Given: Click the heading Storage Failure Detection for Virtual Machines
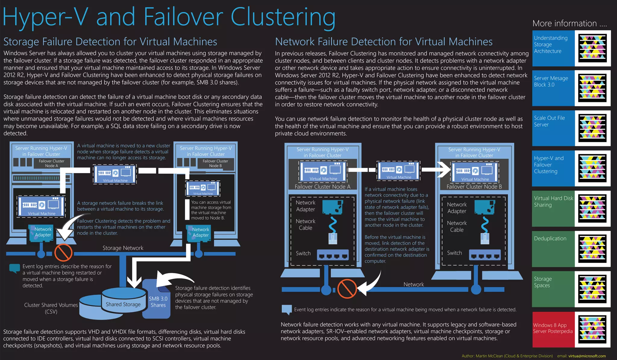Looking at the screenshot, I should (x=110, y=42).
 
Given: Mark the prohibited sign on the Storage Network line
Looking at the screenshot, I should (x=63, y=253).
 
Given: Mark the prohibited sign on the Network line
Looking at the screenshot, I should (x=347, y=289).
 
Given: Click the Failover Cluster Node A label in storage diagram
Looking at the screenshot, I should (x=52, y=163).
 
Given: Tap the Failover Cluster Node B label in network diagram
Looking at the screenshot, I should (x=474, y=187).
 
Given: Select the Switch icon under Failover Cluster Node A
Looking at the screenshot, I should (x=333, y=255).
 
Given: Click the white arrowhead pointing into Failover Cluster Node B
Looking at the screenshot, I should (x=444, y=170).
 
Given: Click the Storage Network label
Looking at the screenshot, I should (x=123, y=248).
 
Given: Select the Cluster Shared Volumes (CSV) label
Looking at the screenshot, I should (x=51, y=308).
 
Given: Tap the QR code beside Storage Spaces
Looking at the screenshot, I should (x=592, y=289).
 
